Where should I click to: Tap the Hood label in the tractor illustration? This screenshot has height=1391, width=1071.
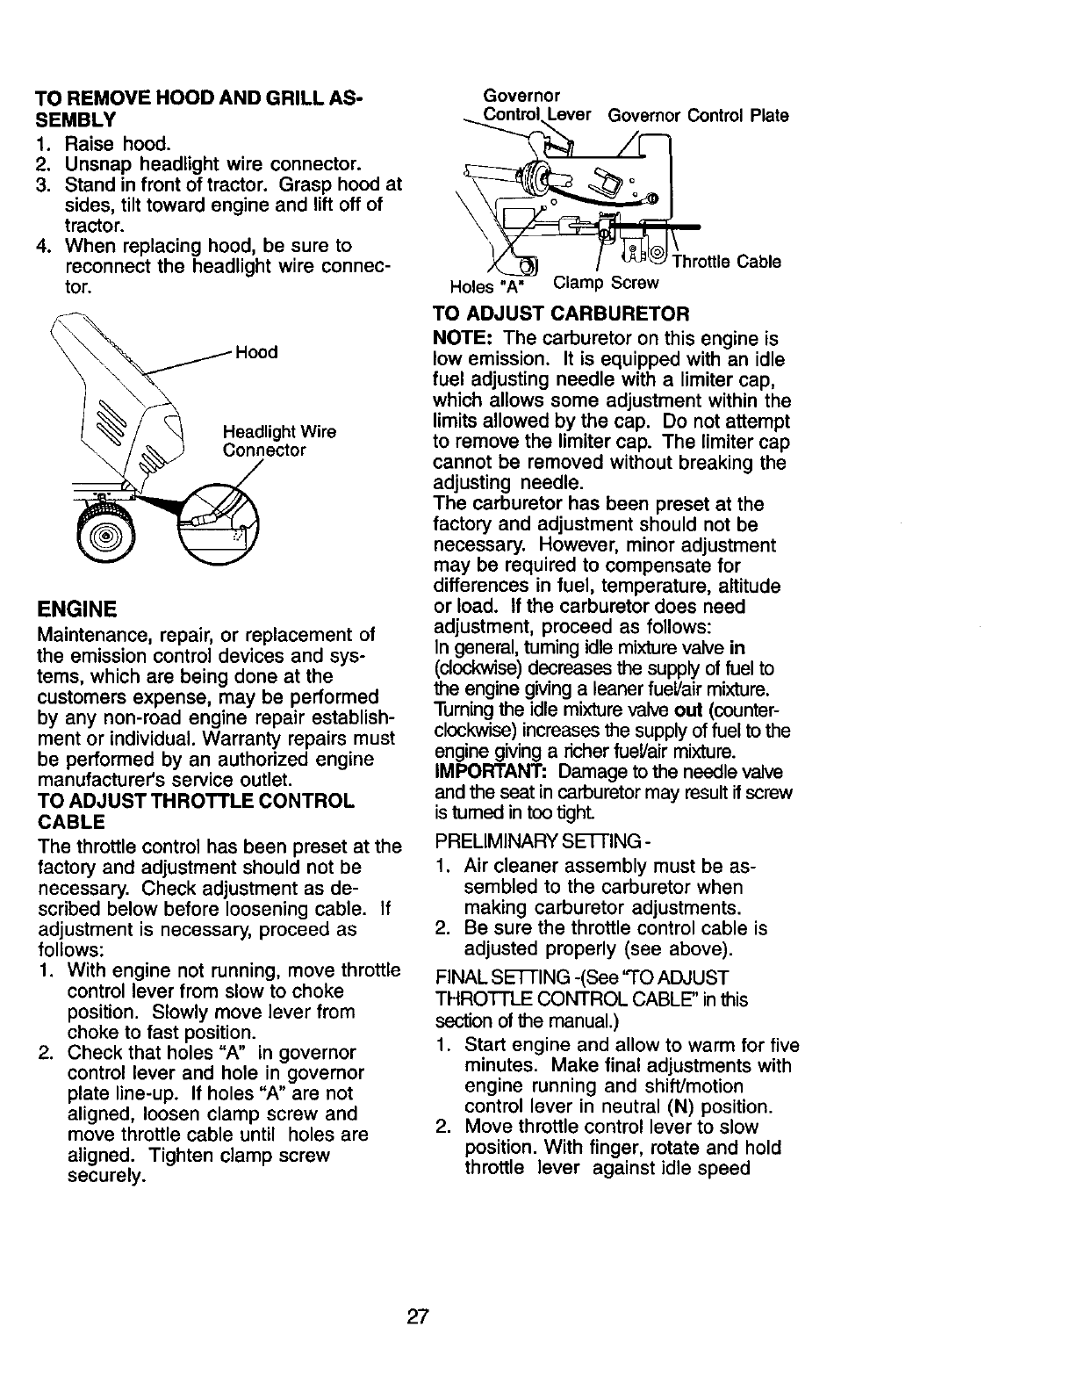256,352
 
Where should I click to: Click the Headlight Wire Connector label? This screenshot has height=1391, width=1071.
279,442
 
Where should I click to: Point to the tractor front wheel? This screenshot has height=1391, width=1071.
104,536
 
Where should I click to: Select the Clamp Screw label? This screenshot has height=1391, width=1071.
606,283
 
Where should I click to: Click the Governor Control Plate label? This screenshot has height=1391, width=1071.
699,115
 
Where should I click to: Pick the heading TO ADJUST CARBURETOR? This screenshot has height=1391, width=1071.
561,314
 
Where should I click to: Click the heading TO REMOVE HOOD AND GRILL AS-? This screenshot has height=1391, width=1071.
199,97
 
